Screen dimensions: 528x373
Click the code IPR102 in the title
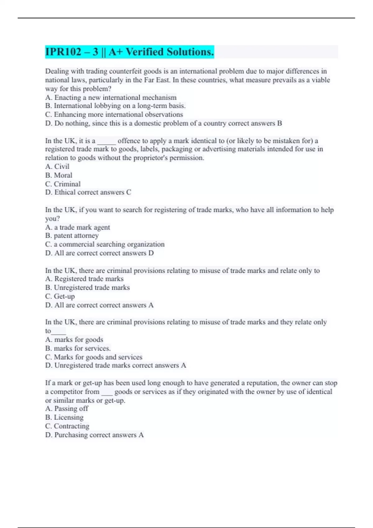pyautogui.click(x=63, y=52)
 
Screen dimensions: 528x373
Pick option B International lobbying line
pyautogui.click(x=115, y=106)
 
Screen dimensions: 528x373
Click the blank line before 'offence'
pyautogui.click(x=107, y=141)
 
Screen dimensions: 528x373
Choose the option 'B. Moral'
pyautogui.click(x=59, y=175)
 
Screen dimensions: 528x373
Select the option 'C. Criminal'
pyautogui.click(x=63, y=184)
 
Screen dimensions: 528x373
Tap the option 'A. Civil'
pyautogui.click(x=57, y=166)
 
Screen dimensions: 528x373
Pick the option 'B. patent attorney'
pyautogui.click(x=72, y=236)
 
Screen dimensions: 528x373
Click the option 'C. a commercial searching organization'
pyautogui.click(x=105, y=244)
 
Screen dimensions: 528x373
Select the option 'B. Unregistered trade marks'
pyautogui.click(x=87, y=288)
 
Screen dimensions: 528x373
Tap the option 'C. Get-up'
pyautogui.click(x=60, y=296)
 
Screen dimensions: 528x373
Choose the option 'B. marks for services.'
pyautogui.click(x=78, y=348)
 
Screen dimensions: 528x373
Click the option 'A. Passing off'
pyautogui.click(x=67, y=409)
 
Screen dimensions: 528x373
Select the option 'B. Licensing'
pyautogui.click(x=64, y=417)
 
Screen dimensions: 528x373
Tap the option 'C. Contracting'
pyautogui.click(x=67, y=426)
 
